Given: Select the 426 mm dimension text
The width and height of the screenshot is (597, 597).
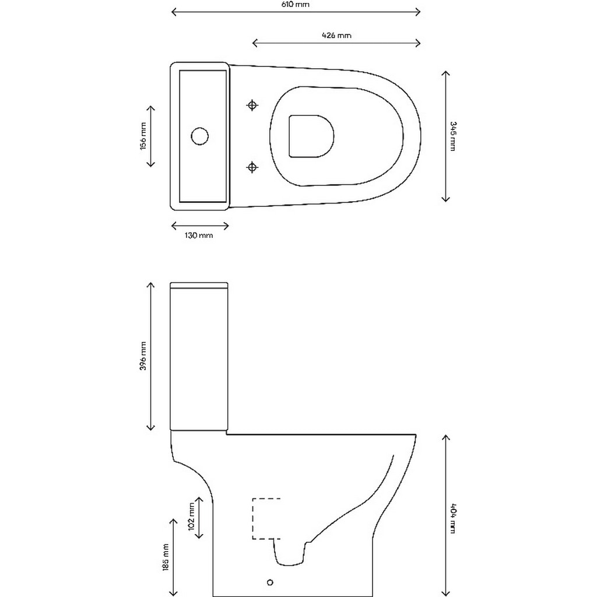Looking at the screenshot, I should point(337,36).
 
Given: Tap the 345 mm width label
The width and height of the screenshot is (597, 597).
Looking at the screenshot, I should point(454,136).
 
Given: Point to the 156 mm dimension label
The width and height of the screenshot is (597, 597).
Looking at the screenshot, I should point(143,136).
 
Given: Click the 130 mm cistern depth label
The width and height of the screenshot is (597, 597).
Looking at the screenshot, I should point(199,236).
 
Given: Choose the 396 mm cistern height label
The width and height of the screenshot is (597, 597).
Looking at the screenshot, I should point(143,357).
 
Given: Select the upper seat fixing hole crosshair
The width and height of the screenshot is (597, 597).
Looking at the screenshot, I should point(252,105).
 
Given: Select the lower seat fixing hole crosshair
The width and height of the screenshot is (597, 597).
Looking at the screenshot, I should point(252,168).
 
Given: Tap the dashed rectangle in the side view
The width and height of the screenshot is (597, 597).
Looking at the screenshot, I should point(266,518).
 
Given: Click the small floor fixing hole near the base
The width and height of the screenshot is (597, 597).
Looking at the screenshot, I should point(269,582).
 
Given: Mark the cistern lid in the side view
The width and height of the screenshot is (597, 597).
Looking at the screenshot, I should point(199,285).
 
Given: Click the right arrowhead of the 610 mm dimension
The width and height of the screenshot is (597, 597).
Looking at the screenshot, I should point(417,12).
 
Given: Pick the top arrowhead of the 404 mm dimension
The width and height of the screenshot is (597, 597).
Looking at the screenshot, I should point(446,437).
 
